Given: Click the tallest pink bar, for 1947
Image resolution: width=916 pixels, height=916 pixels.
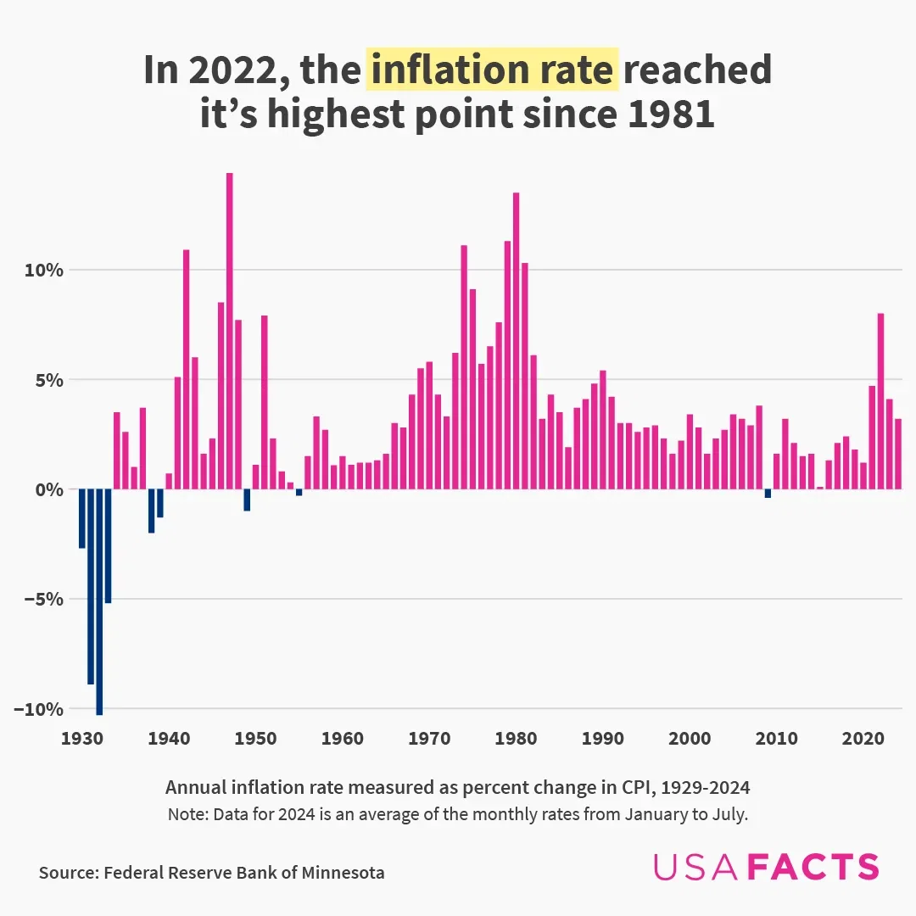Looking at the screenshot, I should coord(229,331).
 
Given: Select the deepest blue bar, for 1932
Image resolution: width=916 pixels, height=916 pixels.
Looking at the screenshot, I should coord(99,602).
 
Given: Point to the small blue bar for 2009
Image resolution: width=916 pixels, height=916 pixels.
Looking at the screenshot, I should coord(768,494).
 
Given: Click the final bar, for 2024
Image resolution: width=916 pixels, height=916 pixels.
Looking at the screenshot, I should coord(898,454).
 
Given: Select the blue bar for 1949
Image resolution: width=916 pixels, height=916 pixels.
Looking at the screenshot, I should coord(247,500).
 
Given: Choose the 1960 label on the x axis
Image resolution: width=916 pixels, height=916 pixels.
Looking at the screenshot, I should coord(343,738).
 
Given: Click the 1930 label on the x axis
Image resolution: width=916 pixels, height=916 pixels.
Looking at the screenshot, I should coord(82,738).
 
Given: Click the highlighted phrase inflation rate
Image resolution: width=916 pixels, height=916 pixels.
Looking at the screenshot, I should coord(492,70).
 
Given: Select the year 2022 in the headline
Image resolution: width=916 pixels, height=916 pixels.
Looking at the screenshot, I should coord(231,70).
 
